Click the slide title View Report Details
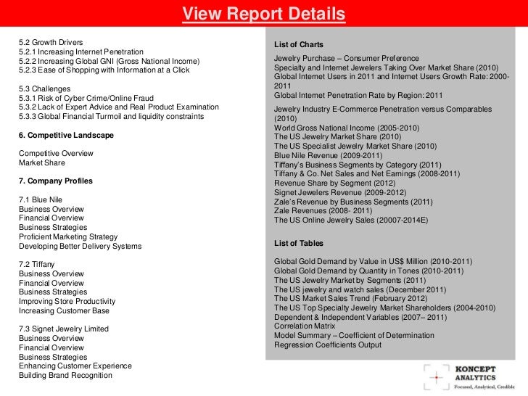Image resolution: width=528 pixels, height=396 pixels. (263, 15)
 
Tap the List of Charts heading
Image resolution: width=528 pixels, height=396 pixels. (299, 44)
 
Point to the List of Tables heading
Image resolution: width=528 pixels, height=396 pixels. (299, 243)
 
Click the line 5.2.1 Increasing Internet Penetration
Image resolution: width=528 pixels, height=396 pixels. (81, 52)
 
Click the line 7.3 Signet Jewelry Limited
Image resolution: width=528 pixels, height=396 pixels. (64, 329)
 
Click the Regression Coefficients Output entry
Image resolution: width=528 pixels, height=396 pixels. (327, 345)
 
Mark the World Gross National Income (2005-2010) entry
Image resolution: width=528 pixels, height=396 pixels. (337, 128)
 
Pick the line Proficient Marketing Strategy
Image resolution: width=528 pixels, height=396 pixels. (68, 236)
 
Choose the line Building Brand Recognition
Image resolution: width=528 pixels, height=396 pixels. (65, 376)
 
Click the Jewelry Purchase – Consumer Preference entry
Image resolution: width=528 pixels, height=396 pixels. (346, 58)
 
